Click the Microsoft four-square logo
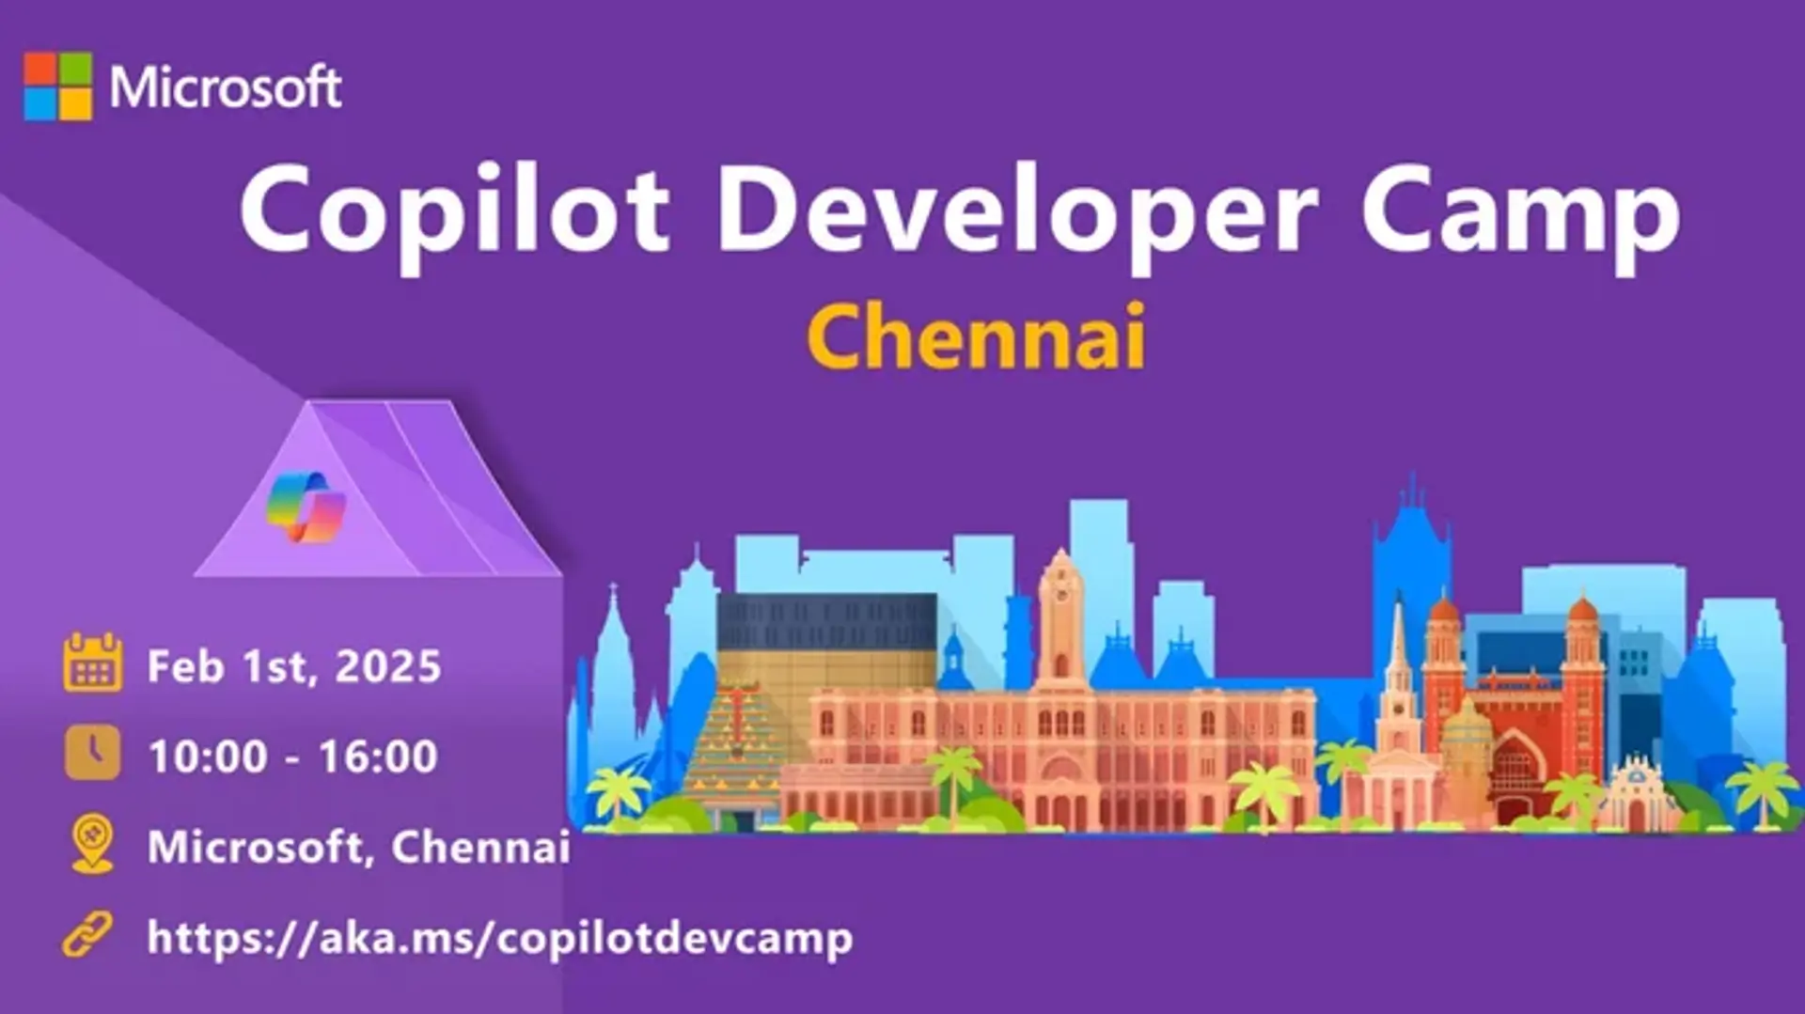pos(58,86)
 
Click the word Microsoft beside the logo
pos(226,87)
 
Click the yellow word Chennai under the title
pos(977,336)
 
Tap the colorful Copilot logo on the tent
pos(306,507)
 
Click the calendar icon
pos(92,663)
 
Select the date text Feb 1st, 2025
pos(294,666)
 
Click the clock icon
pos(92,752)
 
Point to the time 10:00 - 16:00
pos(293,757)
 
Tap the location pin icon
pos(92,844)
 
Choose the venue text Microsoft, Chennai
pos(359,848)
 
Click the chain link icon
pos(87,934)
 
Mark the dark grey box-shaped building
pos(827,622)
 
